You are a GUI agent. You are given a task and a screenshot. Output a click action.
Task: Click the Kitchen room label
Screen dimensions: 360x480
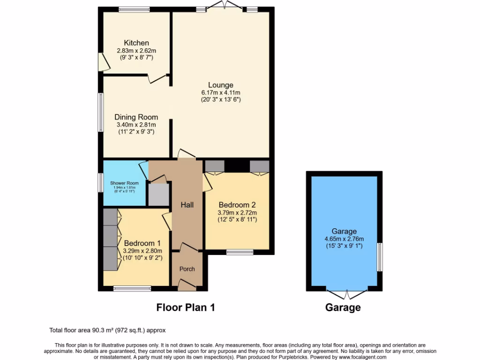pyautogui.click(x=136, y=43)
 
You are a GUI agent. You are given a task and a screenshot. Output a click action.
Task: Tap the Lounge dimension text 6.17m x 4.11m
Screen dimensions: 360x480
pyautogui.click(x=221, y=93)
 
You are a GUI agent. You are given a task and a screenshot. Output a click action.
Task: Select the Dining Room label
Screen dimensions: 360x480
pyautogui.click(x=136, y=117)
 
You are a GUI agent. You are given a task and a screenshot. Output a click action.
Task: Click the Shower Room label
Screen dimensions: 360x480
pyautogui.click(x=124, y=183)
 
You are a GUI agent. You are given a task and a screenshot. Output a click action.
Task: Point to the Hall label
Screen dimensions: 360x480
pyautogui.click(x=187, y=205)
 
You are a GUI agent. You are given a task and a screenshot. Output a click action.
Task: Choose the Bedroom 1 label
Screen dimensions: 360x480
pyautogui.click(x=142, y=243)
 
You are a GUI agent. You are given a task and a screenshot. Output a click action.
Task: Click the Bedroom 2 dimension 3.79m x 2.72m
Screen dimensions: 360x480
pyautogui.click(x=237, y=212)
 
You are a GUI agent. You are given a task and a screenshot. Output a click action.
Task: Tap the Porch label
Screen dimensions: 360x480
pyautogui.click(x=187, y=269)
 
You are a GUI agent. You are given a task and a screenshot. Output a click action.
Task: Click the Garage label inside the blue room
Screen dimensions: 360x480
pyautogui.click(x=344, y=231)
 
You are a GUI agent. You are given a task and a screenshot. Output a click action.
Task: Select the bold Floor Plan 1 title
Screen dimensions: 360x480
pyautogui.click(x=185, y=307)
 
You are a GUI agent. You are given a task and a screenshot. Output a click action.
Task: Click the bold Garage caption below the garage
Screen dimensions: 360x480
pyautogui.click(x=343, y=307)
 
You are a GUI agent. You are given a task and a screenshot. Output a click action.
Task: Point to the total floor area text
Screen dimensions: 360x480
pyautogui.click(x=107, y=330)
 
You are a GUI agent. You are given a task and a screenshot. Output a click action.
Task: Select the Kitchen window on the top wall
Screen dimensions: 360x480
pyautogui.click(x=134, y=9)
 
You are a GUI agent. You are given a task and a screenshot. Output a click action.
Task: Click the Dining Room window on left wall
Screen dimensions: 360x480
pyautogui.click(x=100, y=112)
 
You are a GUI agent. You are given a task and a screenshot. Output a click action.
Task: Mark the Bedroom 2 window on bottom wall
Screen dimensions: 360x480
pyautogui.click(x=240, y=252)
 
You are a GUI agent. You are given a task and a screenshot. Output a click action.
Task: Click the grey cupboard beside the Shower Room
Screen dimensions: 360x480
pyautogui.click(x=158, y=195)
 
